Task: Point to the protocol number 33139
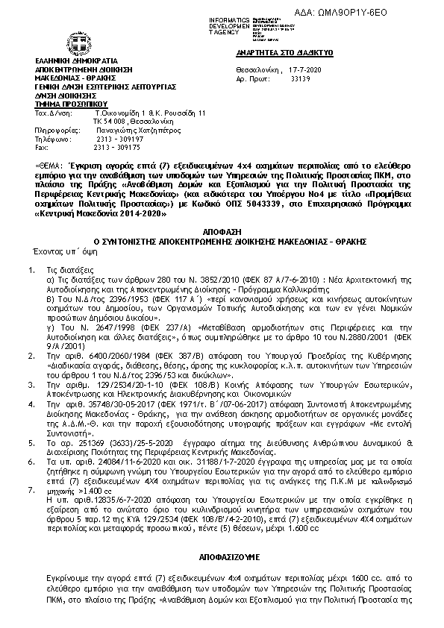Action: [x=301, y=77]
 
